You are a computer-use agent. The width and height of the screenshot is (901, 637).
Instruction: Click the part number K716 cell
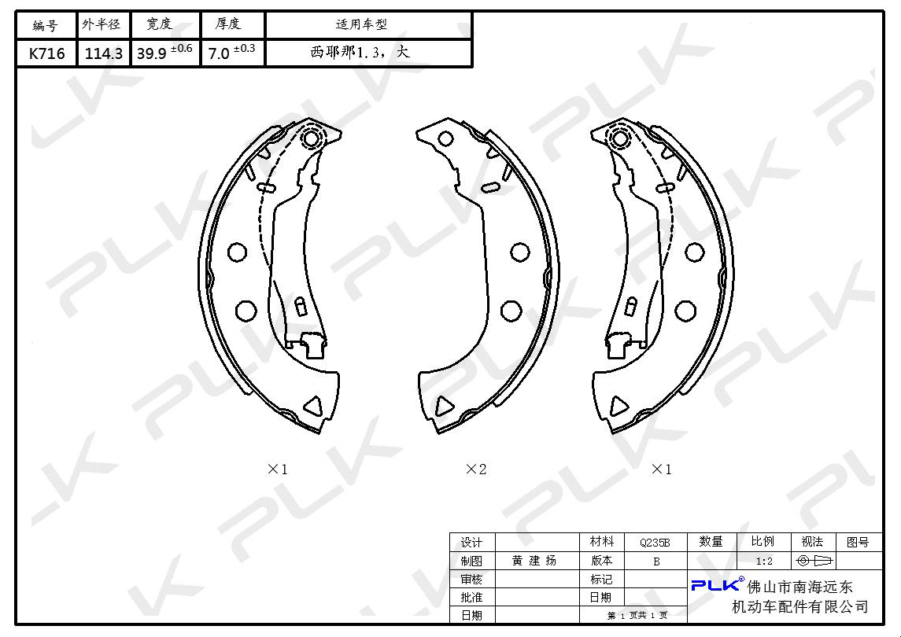click(46, 54)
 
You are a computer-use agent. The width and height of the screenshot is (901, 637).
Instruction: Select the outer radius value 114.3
click(103, 54)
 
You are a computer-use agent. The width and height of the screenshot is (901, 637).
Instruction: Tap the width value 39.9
click(152, 54)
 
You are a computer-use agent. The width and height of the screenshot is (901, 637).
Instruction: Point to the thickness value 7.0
click(219, 54)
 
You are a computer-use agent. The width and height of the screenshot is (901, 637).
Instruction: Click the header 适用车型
click(361, 24)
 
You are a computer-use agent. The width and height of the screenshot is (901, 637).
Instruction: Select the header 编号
click(46, 25)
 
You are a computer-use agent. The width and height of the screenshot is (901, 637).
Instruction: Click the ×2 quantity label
click(476, 469)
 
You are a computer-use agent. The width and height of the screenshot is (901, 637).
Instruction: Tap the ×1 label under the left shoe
click(278, 469)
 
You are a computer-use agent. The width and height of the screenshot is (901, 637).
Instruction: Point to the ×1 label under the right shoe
click(661, 469)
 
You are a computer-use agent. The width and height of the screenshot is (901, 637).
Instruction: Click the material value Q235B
click(655, 543)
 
